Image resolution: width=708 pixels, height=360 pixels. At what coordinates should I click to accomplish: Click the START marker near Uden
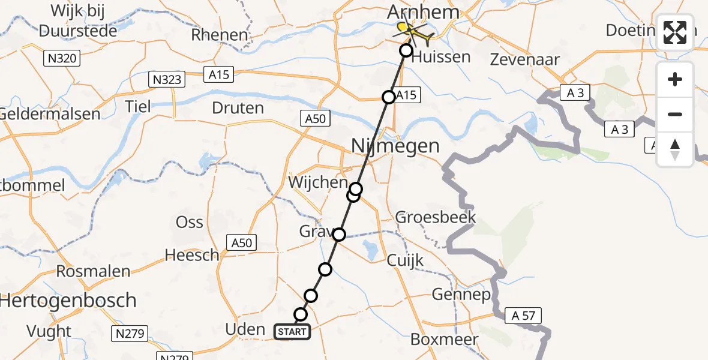click(292, 331)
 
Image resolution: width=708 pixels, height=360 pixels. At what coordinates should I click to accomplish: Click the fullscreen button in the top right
click(675, 32)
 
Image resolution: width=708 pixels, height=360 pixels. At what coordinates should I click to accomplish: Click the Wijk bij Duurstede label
click(77, 20)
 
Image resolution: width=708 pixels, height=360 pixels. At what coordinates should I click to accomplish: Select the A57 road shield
click(520, 315)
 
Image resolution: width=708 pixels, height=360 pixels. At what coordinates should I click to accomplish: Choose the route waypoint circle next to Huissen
click(406, 50)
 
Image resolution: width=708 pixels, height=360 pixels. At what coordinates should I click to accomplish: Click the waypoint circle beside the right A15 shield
click(389, 97)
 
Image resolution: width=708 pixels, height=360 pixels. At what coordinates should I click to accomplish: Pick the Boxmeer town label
click(444, 339)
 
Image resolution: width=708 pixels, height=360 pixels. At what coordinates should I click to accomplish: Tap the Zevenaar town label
click(525, 59)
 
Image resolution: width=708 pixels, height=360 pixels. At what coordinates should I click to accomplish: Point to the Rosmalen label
click(93, 271)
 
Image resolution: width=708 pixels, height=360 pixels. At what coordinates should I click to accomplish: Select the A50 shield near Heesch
click(242, 242)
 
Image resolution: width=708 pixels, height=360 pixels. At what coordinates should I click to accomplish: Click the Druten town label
click(238, 108)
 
